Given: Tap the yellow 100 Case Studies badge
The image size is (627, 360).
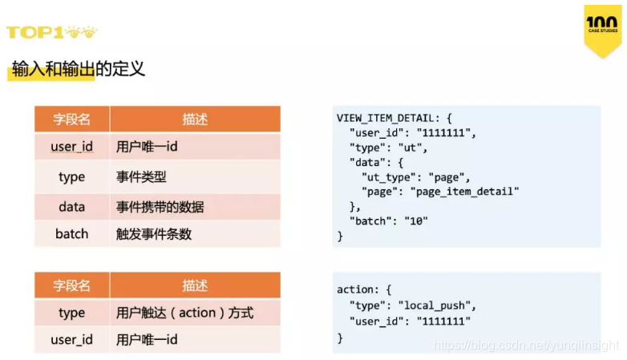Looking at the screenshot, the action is [x=601, y=29].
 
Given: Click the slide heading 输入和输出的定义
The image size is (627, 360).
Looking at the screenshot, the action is [x=79, y=68].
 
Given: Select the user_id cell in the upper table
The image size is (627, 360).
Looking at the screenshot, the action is [x=71, y=147].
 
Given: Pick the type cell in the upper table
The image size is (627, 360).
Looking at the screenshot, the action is [x=71, y=177].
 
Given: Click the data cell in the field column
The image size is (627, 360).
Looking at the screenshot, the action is [x=71, y=207].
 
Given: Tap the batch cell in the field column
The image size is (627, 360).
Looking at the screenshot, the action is [x=71, y=235].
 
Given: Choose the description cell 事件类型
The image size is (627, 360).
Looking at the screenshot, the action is [x=141, y=177].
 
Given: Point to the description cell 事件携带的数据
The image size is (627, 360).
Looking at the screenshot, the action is [x=160, y=207].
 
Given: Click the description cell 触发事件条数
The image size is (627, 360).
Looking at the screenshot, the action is [x=154, y=235].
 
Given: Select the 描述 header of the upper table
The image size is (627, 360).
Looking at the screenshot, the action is [x=195, y=119].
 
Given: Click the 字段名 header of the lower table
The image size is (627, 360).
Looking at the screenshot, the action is [x=71, y=285].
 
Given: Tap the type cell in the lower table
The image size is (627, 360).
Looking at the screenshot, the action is [x=71, y=313].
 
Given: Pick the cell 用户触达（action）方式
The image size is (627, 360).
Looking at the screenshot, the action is [x=185, y=313].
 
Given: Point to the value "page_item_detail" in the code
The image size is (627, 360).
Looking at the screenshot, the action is [x=465, y=192].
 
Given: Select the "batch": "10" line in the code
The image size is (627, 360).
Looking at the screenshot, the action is [x=388, y=220].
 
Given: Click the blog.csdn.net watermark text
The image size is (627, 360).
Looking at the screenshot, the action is [x=526, y=346].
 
